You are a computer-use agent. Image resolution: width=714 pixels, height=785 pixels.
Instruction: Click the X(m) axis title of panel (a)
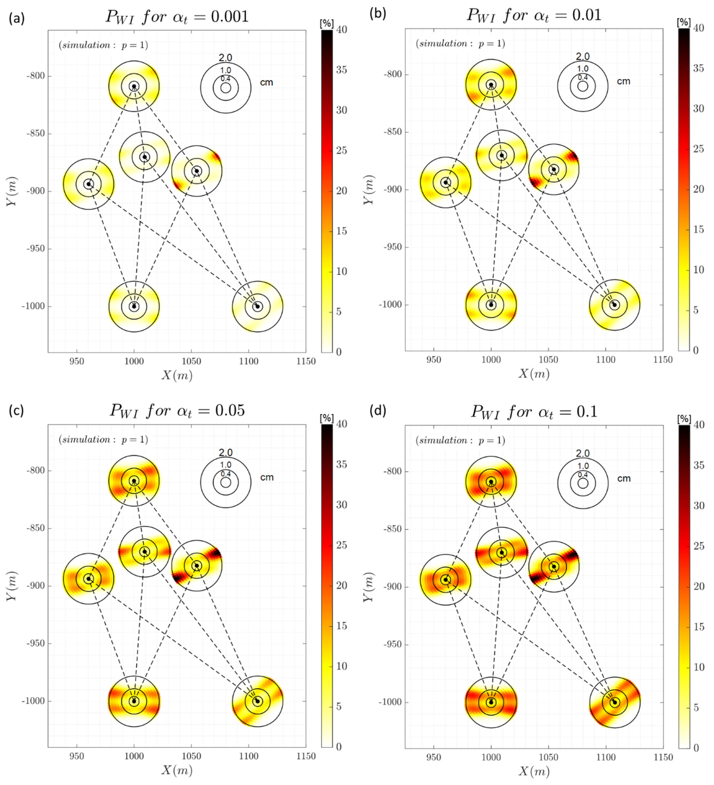[177, 375]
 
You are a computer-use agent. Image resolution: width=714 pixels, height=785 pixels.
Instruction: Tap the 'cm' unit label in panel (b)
[624, 81]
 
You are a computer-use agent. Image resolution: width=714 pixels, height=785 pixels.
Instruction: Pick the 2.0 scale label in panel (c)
[226, 452]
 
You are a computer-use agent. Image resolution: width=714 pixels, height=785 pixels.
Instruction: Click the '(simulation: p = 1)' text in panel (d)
[460, 440]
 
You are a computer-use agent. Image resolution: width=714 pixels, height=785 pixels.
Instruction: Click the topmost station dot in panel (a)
[134, 87]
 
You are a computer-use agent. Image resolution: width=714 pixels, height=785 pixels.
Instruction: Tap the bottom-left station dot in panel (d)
[491, 703]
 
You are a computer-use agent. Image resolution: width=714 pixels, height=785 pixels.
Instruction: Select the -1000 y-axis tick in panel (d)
[390, 703]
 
